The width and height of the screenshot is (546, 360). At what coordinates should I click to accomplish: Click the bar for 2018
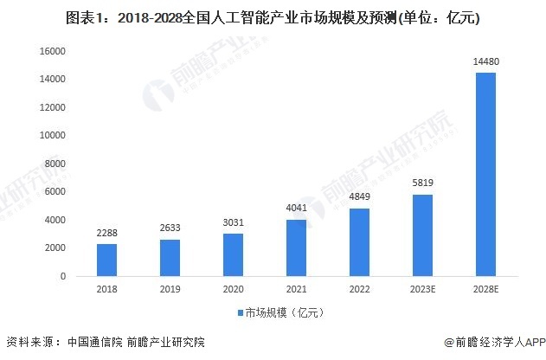[106, 260]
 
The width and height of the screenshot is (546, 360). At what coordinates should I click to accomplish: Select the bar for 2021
[297, 247]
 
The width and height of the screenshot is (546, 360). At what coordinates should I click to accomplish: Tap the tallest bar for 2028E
[485, 174]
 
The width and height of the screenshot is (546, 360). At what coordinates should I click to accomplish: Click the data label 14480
[485, 62]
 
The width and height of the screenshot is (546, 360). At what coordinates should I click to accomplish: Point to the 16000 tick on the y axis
[55, 52]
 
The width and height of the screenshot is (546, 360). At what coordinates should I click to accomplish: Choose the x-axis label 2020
[234, 290]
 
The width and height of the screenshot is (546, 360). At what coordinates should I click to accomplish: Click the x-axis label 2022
[359, 290]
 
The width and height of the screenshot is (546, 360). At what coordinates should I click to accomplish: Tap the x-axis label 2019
[170, 290]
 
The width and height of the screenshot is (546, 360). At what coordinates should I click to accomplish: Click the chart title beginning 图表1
[273, 16]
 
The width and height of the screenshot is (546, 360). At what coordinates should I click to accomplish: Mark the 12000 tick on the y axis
[55, 107]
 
